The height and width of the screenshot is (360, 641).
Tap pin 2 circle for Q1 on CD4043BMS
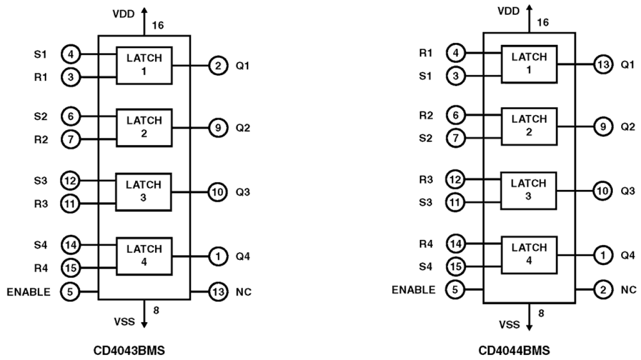pos(218,65)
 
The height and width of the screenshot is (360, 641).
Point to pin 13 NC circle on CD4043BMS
pos(218,292)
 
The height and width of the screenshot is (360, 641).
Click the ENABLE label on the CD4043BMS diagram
pos(29,292)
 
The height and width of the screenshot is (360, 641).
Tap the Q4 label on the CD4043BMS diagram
pos(243,256)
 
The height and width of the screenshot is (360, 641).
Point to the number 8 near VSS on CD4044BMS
pos(541,313)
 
